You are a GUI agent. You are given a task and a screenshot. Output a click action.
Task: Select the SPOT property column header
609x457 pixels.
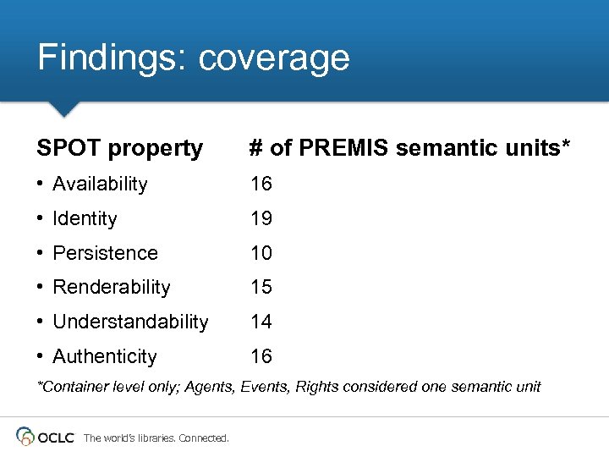(120, 149)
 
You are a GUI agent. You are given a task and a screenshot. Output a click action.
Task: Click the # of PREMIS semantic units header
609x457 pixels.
(409, 149)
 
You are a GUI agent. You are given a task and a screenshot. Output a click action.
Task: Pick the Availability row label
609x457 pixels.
(100, 184)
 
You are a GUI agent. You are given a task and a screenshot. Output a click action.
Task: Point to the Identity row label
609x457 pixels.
(85, 219)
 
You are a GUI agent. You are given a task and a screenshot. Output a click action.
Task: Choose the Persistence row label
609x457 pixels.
(105, 253)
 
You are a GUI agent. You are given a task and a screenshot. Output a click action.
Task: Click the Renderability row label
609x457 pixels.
(111, 288)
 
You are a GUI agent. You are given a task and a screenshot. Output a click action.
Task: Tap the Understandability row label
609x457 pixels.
(130, 322)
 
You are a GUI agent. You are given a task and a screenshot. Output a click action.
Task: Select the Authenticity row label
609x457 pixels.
(104, 357)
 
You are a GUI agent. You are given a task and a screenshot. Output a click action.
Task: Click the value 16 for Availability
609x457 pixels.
(261, 184)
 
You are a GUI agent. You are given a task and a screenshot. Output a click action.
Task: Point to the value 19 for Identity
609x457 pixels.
(261, 219)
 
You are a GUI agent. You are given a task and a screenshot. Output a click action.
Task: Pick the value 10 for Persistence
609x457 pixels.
(261, 253)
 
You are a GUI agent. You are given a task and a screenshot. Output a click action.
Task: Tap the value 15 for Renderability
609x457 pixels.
(261, 288)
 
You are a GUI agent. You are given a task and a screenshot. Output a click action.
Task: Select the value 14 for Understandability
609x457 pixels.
(261, 322)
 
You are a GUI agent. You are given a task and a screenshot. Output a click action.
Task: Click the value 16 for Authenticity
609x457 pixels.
(261, 357)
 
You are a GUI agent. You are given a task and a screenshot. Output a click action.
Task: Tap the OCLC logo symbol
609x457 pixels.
(25, 437)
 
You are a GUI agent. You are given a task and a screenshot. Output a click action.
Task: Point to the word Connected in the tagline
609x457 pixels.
(204, 438)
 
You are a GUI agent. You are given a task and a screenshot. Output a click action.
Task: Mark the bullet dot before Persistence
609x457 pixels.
(41, 253)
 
